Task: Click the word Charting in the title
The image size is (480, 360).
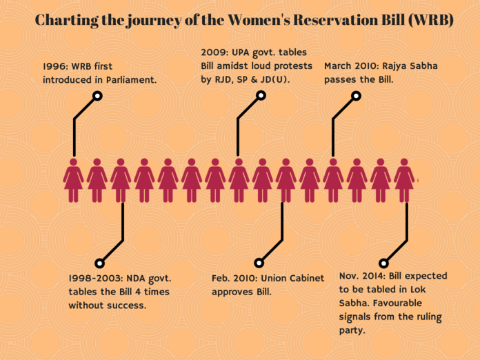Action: coord(67,20)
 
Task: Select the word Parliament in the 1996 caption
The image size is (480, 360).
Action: coord(131,80)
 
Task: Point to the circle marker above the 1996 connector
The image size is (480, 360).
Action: coord(97,96)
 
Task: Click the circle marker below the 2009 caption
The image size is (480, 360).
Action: coord(261,95)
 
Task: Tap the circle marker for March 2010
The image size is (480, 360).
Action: coord(356,96)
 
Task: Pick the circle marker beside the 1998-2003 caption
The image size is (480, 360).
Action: coord(99,263)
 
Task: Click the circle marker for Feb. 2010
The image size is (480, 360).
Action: coord(259,263)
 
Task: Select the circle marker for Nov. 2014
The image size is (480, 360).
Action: coord(383,263)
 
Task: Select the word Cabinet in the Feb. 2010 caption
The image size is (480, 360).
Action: coord(307,278)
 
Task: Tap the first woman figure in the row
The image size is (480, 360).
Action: coord(74,180)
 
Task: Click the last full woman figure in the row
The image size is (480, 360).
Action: coord(404,180)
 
